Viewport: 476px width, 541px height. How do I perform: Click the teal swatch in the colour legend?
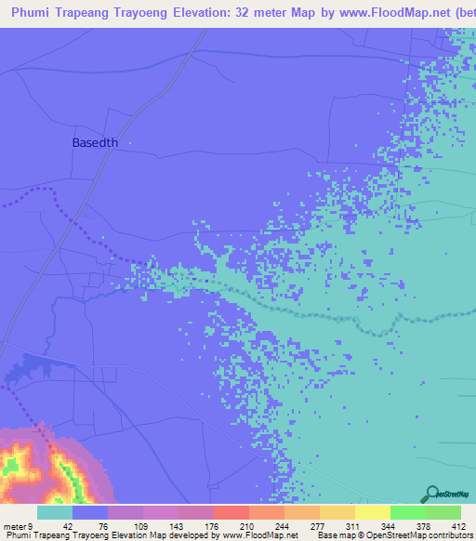click(x=55, y=512)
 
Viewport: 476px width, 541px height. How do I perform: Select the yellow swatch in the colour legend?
click(x=372, y=512)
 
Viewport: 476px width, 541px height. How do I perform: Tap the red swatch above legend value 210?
click(x=231, y=512)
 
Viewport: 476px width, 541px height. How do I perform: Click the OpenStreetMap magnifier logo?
click(x=431, y=495)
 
